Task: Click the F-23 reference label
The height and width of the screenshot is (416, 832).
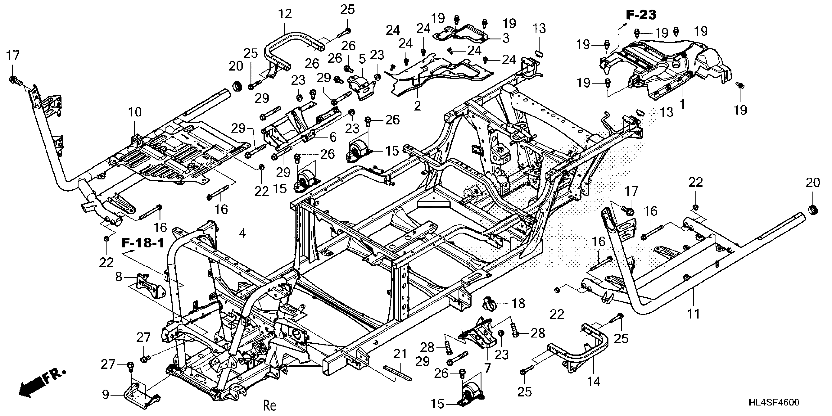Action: click(641, 15)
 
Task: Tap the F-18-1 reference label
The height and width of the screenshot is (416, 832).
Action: click(143, 243)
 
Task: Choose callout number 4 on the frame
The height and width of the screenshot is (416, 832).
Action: click(242, 233)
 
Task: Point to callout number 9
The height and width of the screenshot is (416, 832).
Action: click(105, 395)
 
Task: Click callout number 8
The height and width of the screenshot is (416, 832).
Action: click(119, 277)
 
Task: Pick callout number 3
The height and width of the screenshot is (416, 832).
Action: click(506, 38)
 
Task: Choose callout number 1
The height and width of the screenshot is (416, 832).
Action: click(682, 104)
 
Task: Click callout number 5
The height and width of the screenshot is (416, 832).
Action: click(362, 59)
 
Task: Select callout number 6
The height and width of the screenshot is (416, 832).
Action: click(332, 137)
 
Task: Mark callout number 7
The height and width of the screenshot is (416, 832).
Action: click(487, 368)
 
